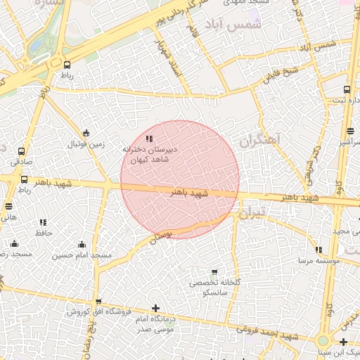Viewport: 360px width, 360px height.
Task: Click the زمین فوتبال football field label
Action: point(86,144)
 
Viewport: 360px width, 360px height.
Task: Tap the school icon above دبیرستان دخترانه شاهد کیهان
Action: point(148,139)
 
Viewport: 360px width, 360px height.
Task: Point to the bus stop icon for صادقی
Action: point(22,151)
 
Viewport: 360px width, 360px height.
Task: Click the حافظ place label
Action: point(44,231)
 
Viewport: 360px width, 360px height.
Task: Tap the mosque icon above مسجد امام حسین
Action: point(82,244)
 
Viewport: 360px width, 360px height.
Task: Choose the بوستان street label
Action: point(161,236)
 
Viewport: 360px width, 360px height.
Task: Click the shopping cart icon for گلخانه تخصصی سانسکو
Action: point(214,271)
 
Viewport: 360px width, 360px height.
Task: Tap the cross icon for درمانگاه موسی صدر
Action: point(155,308)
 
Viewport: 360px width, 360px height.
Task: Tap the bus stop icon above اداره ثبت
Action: point(347,89)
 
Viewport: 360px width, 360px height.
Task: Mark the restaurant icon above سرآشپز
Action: point(350,131)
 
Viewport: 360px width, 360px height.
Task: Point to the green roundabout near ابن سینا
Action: point(323,340)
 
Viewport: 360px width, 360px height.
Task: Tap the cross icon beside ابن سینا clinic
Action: point(343,342)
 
